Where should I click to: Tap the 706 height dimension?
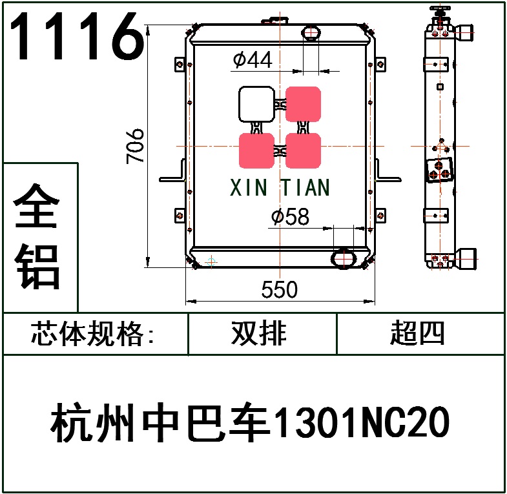click(136, 146)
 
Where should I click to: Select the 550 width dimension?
click(280, 290)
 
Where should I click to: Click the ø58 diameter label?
click(290, 218)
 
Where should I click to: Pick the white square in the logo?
click(256, 104)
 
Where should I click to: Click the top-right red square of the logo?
click(304, 104)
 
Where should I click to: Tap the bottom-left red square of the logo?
click(256, 150)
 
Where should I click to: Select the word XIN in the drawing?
click(249, 188)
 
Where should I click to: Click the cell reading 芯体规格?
click(93, 334)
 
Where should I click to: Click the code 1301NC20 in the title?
click(362, 424)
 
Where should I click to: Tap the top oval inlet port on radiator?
click(311, 32)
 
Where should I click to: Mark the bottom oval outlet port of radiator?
click(342, 258)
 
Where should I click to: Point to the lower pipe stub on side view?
click(467, 260)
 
